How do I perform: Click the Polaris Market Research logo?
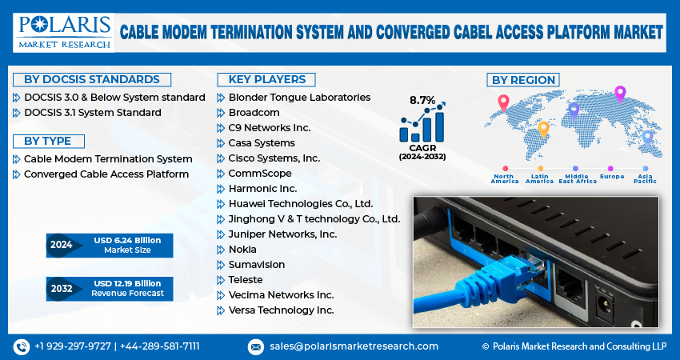pyautogui.click(x=62, y=32)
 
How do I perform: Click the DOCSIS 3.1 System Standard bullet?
pyautogui.click(x=92, y=112)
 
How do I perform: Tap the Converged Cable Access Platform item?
pyautogui.click(x=106, y=174)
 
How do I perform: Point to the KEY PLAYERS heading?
pyautogui.click(x=266, y=79)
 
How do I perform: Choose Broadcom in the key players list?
pyautogui.click(x=254, y=112)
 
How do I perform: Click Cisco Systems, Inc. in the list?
pyautogui.click(x=274, y=158)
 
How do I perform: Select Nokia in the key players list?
pyautogui.click(x=242, y=249)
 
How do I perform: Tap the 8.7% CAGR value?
pyautogui.click(x=422, y=100)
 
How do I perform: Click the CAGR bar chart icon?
pyautogui.click(x=422, y=126)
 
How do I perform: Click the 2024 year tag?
pyautogui.click(x=62, y=245)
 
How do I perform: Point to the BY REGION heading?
pyautogui.click(x=522, y=79)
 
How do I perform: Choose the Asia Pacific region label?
pyautogui.click(x=646, y=178)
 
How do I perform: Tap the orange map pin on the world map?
pyautogui.click(x=543, y=128)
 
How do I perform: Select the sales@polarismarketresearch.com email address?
pyautogui.click(x=353, y=346)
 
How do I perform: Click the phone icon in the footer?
pyautogui.click(x=21, y=346)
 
